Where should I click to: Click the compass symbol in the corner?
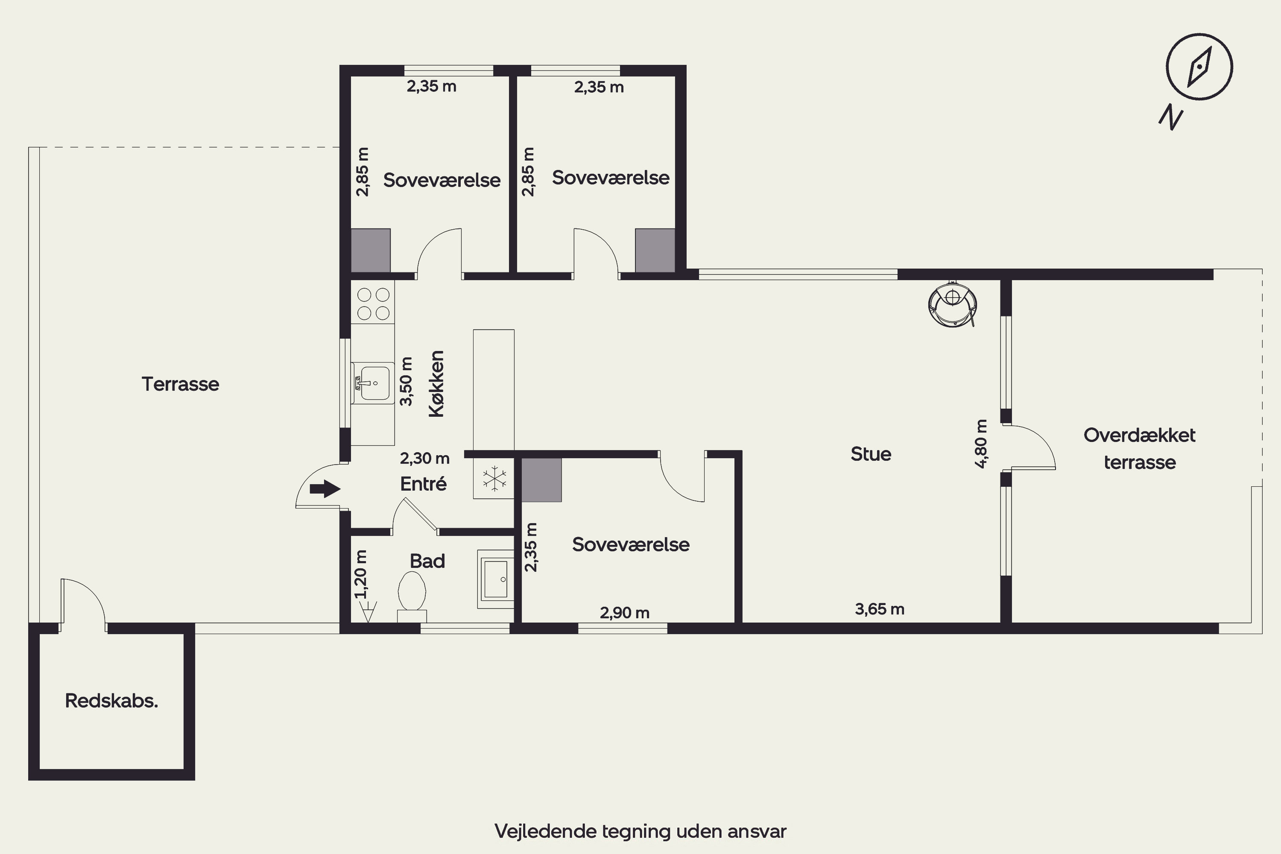[x=1199, y=67]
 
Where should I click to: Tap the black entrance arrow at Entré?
[x=325, y=488]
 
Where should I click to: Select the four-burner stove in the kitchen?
[x=373, y=303]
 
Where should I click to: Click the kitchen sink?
[x=373, y=383]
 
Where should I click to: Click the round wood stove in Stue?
[x=953, y=305]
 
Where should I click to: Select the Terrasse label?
[x=180, y=384]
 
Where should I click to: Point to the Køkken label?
[x=437, y=384]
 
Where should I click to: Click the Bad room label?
[x=427, y=561]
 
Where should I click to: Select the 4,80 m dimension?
[x=981, y=444]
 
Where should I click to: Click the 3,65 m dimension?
[x=880, y=609]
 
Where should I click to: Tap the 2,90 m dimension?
[x=625, y=613]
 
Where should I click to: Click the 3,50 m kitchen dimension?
[x=407, y=381]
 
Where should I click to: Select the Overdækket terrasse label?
[x=1140, y=448]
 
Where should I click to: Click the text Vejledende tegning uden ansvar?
[x=640, y=831]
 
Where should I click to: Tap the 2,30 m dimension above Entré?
[x=425, y=459]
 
